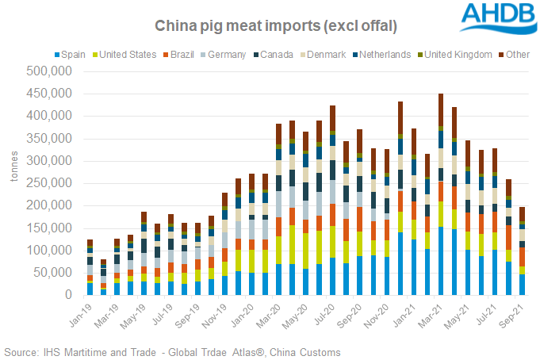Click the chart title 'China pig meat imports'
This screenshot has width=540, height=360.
[x=277, y=26]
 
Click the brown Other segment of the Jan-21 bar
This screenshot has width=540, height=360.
[x=400, y=119]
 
